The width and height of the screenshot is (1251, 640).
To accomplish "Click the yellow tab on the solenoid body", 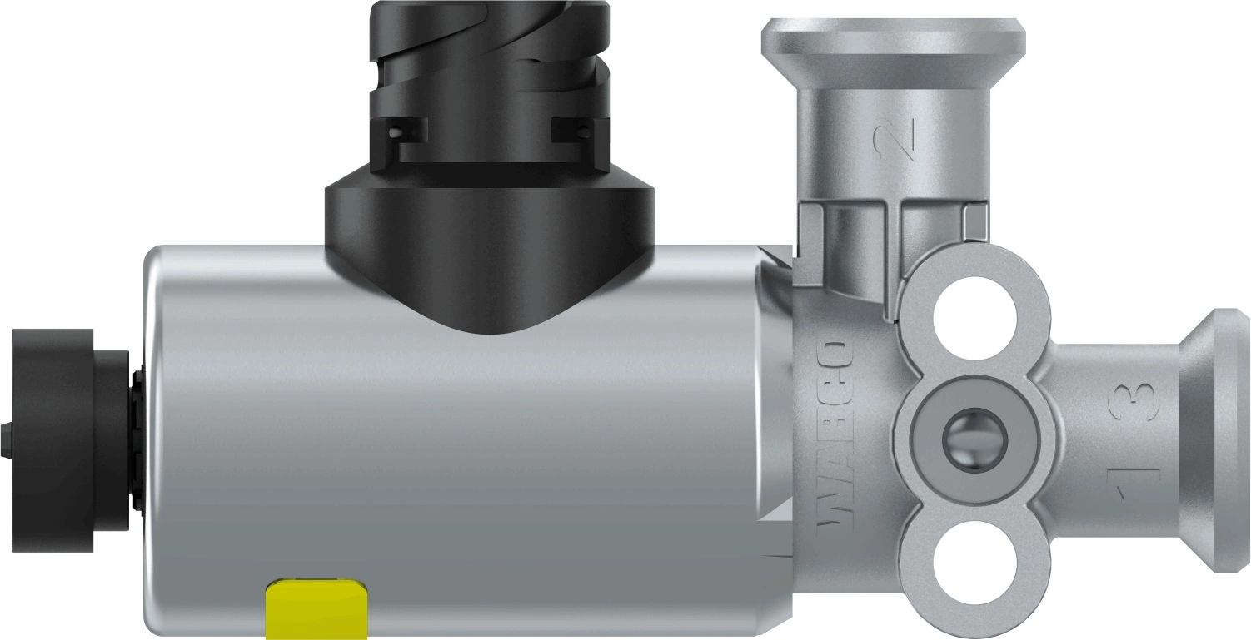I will point(316,610).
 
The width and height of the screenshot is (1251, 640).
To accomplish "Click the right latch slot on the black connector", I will point(575,130).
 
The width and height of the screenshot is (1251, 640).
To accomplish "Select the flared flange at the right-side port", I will point(1218,440).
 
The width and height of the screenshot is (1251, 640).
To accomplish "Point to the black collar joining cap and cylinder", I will point(135,440).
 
